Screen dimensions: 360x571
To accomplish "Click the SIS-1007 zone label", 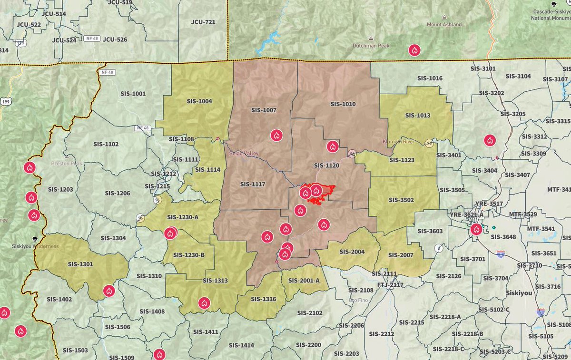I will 264,110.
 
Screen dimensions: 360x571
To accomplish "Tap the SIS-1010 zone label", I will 343,104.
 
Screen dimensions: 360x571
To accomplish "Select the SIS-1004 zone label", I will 199,101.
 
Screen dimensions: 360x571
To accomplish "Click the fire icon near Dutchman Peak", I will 414,50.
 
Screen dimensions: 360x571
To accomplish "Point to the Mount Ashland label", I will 444,25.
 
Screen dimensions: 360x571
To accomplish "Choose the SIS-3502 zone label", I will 401,200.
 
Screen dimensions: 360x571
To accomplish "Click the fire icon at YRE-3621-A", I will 476,230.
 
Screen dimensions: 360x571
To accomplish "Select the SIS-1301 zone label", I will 80,264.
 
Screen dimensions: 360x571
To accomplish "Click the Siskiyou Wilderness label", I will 35,246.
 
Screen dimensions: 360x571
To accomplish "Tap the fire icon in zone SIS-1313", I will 204,303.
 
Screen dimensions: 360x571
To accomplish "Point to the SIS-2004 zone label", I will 352,252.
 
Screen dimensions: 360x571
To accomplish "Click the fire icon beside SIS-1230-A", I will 170,233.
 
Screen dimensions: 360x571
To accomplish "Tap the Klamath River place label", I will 399,142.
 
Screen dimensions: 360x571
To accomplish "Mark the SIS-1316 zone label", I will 263,299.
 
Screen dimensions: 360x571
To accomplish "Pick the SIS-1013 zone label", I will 417,116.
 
